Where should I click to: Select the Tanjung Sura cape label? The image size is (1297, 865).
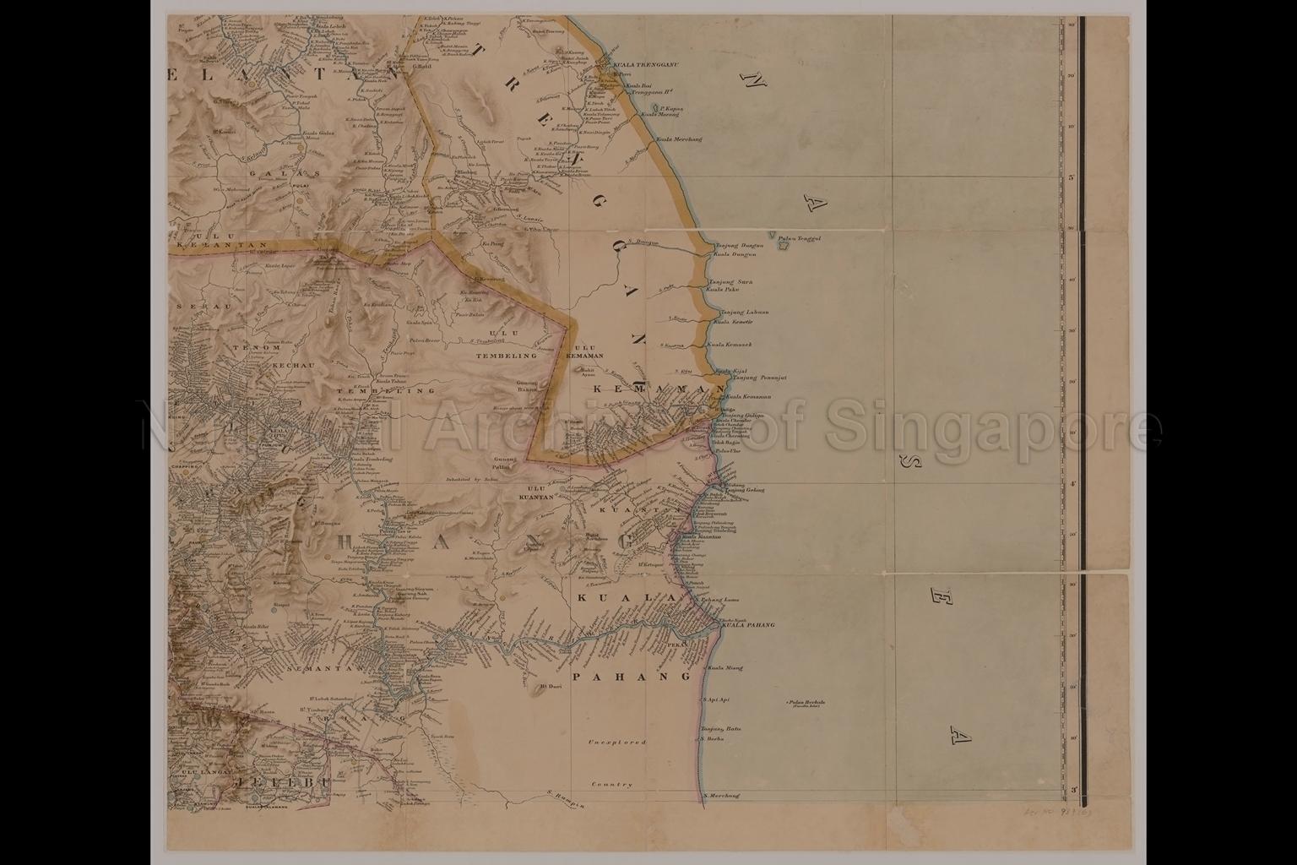click(x=730, y=281)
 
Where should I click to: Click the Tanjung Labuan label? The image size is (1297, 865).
click(x=737, y=313)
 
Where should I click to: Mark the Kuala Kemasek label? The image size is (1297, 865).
click(x=730, y=345)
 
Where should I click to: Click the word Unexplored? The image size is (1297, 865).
click(x=618, y=743)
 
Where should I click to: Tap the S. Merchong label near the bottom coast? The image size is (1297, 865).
click(x=719, y=795)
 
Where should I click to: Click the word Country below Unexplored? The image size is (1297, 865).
click(x=612, y=785)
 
